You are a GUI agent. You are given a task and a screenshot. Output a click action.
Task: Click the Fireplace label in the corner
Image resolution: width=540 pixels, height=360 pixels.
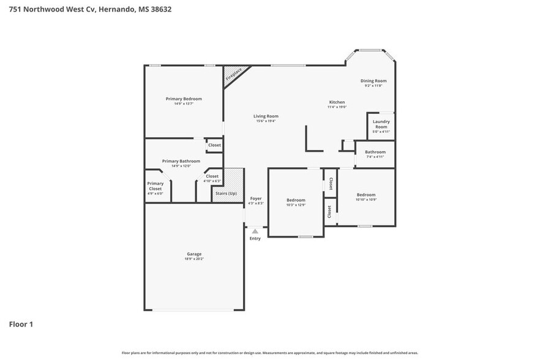[x=233, y=75]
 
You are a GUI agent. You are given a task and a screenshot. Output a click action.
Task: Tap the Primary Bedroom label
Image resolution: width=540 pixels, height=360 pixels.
[x=184, y=99]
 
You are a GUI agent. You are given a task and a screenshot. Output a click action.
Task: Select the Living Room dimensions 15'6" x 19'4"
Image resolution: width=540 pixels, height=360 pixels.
[x=266, y=121]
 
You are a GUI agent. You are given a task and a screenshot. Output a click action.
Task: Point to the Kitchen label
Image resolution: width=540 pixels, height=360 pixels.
[x=337, y=102]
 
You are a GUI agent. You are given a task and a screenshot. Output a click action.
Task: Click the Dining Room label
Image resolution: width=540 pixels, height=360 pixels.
[x=373, y=81]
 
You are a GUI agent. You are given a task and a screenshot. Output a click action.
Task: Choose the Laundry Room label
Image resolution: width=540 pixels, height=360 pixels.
[x=381, y=124]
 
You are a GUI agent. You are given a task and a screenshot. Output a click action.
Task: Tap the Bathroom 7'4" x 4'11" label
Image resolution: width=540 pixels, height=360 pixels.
[x=375, y=152]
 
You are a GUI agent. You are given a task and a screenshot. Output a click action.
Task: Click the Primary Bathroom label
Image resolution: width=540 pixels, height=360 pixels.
[x=181, y=161]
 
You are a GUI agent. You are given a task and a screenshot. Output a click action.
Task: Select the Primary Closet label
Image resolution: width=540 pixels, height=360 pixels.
[x=155, y=186]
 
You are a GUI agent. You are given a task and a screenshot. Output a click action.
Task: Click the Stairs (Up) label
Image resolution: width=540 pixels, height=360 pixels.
[x=224, y=193]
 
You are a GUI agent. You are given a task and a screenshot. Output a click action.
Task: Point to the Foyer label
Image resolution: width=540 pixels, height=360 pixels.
[x=255, y=198]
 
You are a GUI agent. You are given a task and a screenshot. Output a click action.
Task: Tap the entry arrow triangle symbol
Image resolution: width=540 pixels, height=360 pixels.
[x=255, y=231]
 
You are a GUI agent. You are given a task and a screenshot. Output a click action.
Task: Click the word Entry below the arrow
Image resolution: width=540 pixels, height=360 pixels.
[x=255, y=238]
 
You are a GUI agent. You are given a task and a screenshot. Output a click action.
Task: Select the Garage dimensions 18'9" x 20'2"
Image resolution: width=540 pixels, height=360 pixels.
[x=194, y=259]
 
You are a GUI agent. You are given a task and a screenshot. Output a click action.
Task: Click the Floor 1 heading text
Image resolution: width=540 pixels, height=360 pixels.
[x=21, y=324]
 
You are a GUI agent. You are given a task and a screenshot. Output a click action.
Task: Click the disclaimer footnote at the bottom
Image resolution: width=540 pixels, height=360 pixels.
[x=269, y=353]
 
